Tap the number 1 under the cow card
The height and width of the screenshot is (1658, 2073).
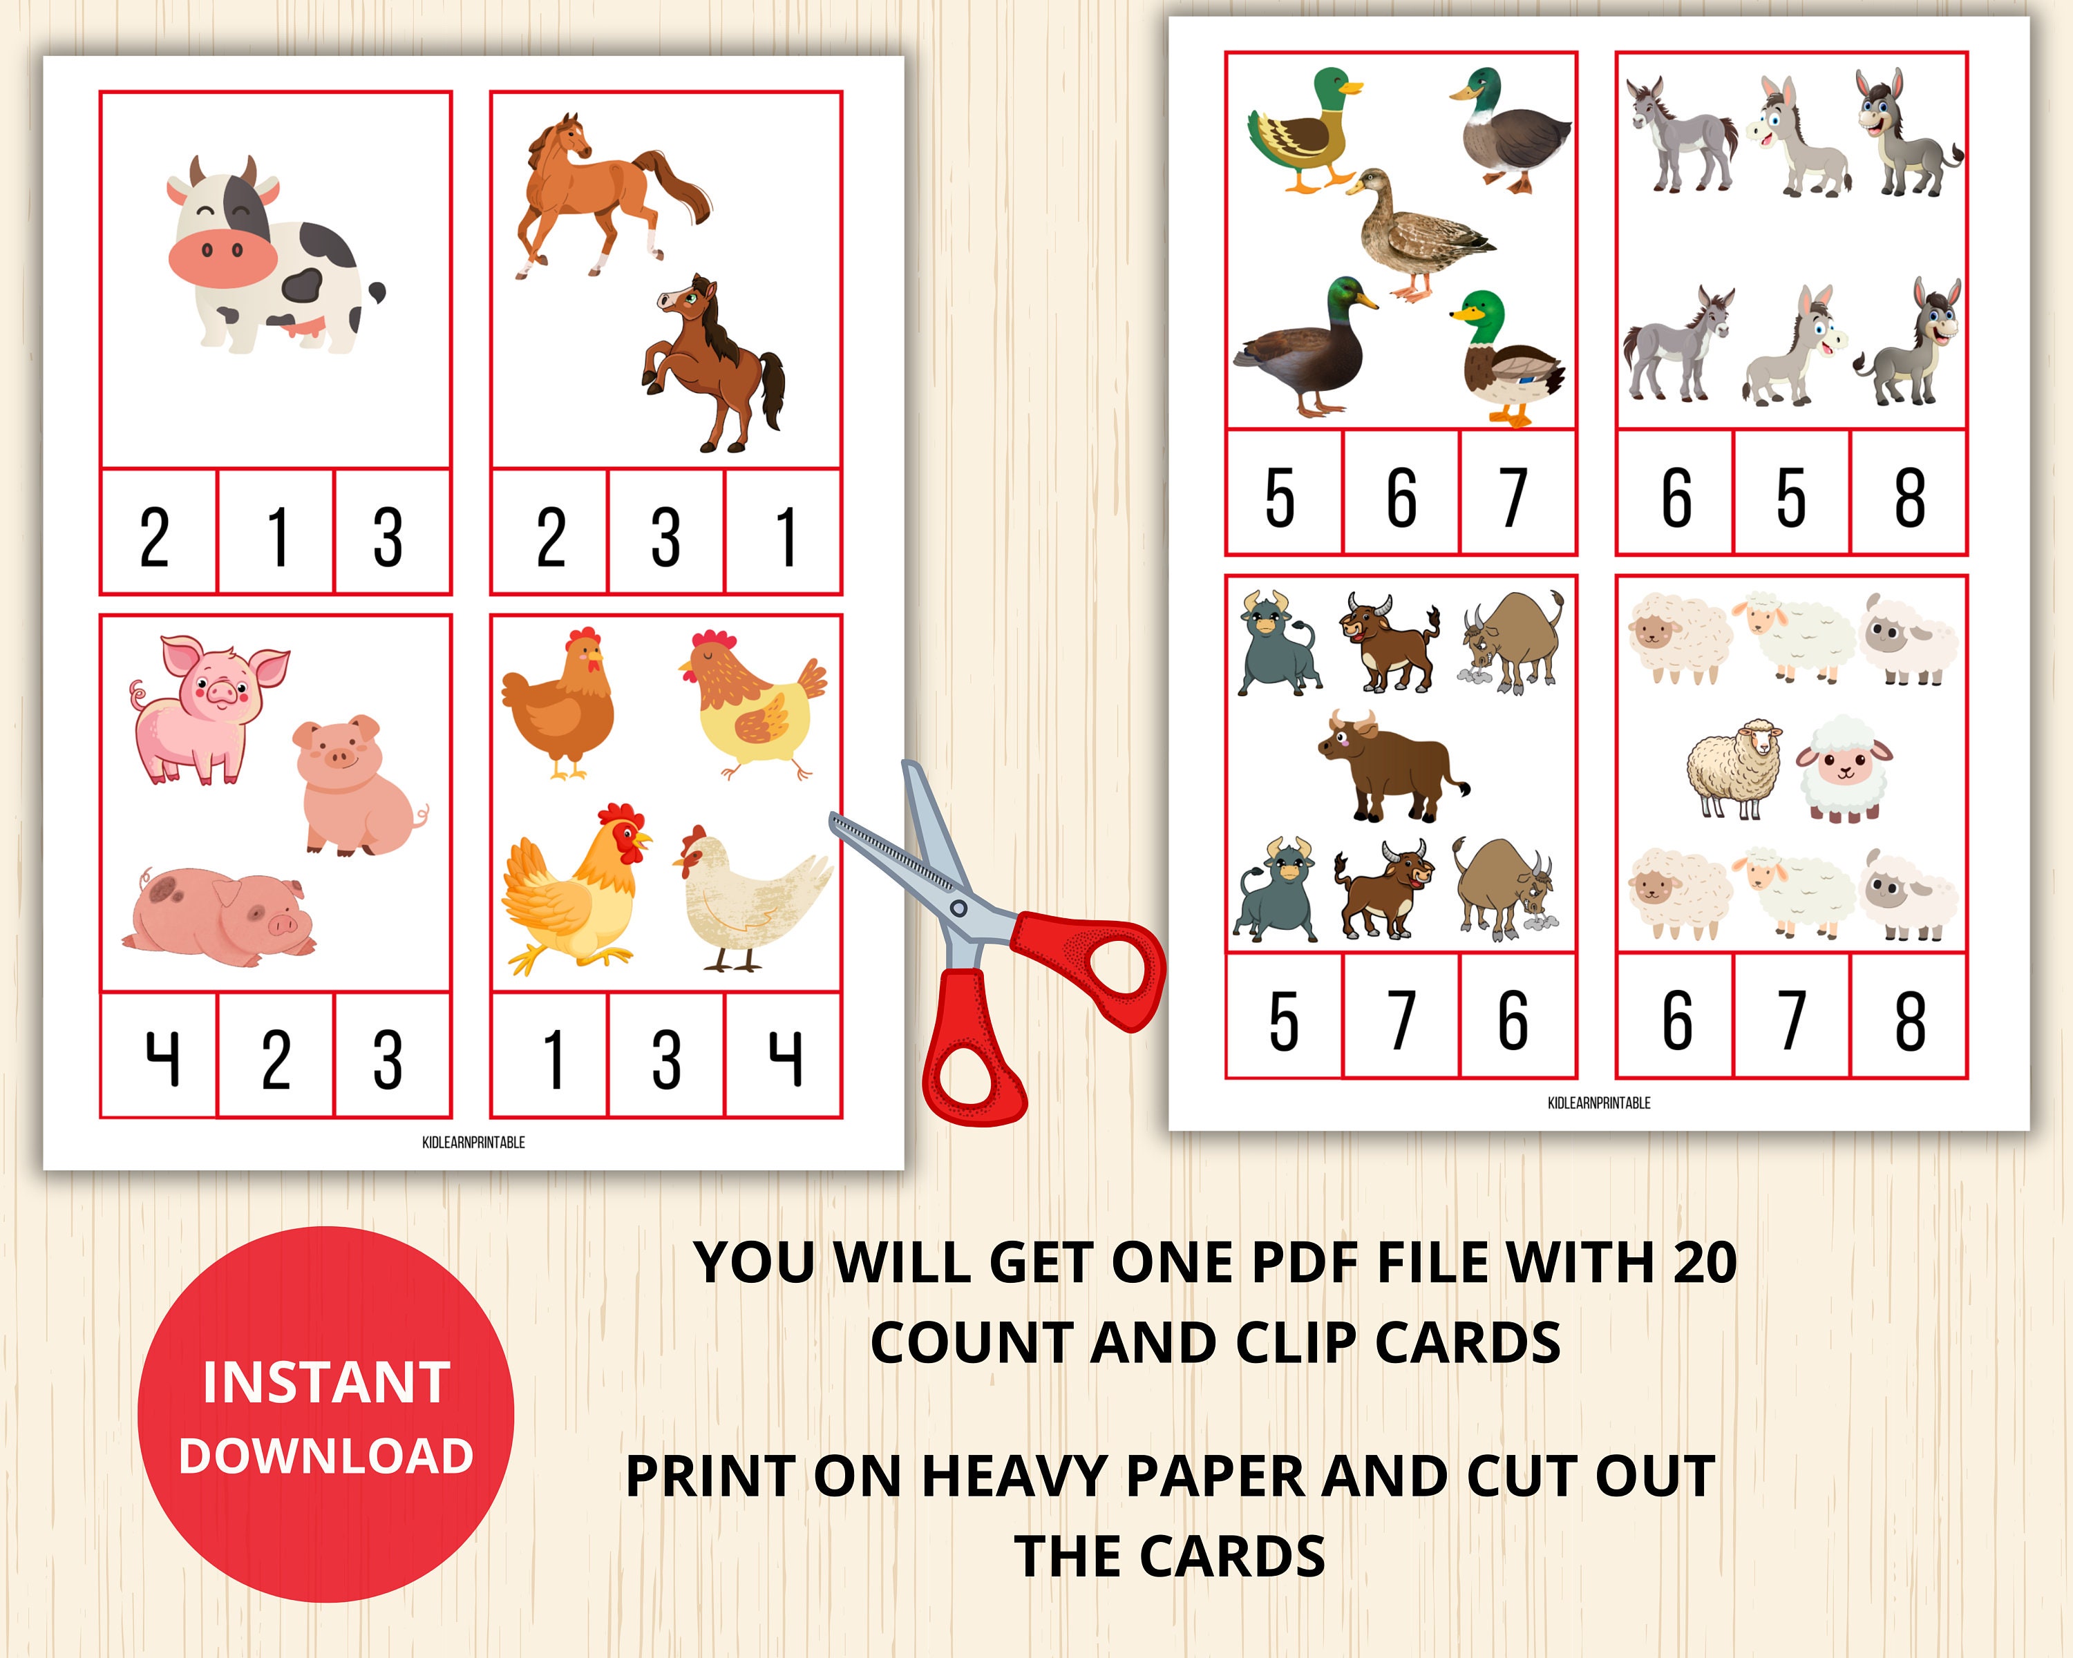277,535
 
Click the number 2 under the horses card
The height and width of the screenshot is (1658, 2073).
550,535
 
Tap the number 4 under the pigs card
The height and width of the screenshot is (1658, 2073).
162,1057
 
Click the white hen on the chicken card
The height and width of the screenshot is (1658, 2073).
750,899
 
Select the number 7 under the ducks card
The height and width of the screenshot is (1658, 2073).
1515,496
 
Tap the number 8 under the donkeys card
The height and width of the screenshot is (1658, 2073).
1909,496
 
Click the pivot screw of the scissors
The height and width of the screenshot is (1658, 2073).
958,907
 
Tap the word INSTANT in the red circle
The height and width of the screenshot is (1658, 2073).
326,1382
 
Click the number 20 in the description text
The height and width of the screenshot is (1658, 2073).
1705,1262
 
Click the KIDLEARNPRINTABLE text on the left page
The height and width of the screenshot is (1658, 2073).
473,1142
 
